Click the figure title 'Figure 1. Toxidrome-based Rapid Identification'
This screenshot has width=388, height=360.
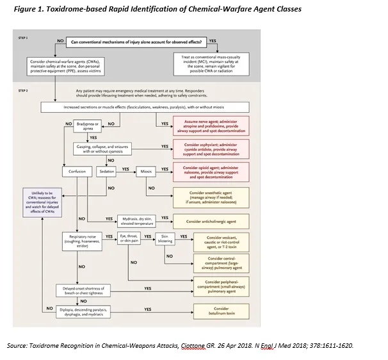147,9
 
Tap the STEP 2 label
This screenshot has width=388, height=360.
24,92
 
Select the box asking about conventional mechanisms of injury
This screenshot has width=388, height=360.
136,42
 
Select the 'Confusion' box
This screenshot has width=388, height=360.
77,172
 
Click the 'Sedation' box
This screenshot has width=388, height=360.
106,172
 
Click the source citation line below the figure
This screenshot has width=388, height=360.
180,346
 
